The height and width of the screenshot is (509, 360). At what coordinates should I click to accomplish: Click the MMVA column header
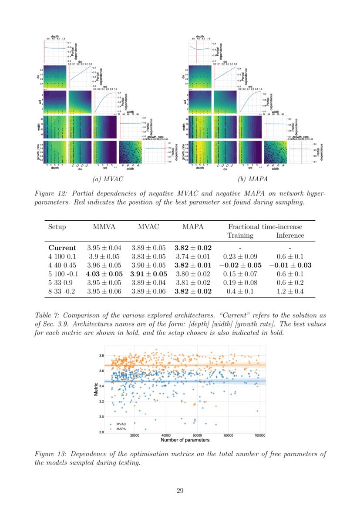[x=104, y=227]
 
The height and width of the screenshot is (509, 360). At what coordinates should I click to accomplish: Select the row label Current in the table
[x=62, y=247]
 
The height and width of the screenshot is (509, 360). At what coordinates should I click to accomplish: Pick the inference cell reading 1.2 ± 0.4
[x=290, y=291]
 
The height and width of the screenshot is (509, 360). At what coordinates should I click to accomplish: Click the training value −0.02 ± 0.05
[x=240, y=265]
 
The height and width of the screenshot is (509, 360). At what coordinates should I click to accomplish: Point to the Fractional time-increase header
[x=265, y=227]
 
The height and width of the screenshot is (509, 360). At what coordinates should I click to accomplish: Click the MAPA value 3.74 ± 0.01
[x=193, y=256]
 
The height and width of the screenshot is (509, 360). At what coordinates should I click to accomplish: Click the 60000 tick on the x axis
[x=197, y=435]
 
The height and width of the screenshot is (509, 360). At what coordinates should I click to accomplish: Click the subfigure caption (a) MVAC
[x=105, y=179]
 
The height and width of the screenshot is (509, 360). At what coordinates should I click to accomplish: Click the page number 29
[x=180, y=491]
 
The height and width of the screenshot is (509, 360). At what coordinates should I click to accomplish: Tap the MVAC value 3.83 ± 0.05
[x=148, y=256]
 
